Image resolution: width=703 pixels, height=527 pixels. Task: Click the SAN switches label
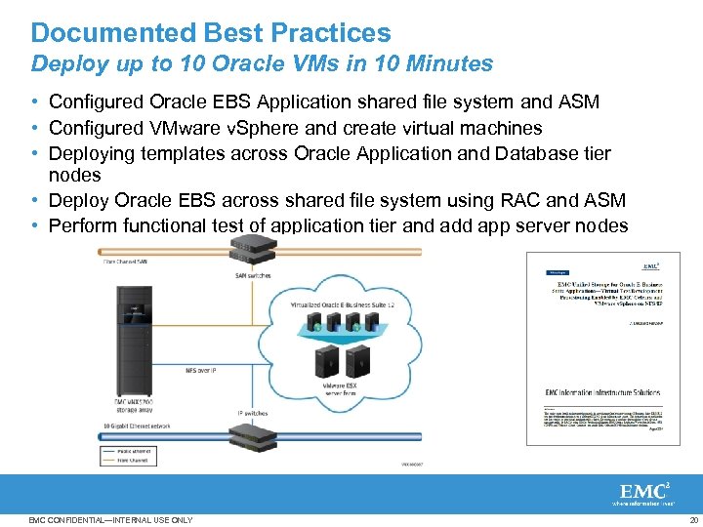point(254,275)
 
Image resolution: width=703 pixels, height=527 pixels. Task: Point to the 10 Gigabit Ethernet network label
point(137,426)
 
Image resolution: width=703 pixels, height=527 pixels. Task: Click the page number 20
point(693,520)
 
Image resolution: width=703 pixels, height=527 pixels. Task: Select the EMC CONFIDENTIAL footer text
point(111,520)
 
